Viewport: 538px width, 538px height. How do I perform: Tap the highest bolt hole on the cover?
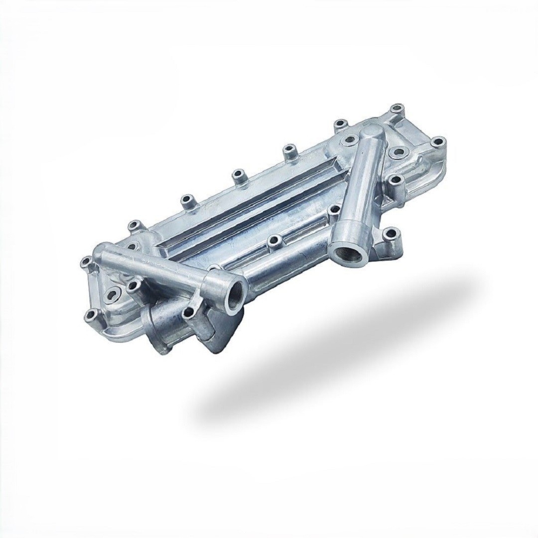tap(397, 109)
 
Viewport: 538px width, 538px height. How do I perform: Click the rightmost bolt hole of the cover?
tap(437, 142)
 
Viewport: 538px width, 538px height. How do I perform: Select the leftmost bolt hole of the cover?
tap(85, 261)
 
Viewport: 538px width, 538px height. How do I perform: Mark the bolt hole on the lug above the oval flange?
tap(189, 312)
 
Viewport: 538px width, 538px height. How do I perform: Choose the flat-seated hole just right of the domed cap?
tap(398, 150)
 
